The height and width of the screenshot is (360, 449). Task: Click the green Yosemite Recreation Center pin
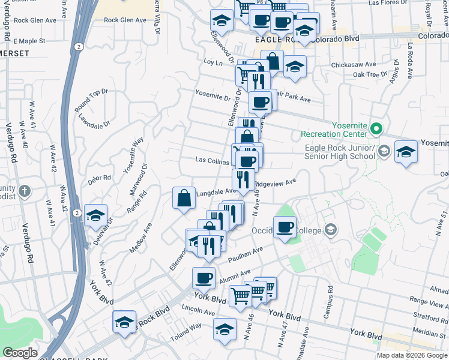[x=376, y=128]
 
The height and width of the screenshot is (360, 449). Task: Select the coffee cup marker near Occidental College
[x=285, y=227]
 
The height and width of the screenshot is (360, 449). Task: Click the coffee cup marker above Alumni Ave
[x=203, y=278]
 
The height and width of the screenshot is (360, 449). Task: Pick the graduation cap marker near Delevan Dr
[x=95, y=215]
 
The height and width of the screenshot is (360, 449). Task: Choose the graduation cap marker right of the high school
[x=406, y=151]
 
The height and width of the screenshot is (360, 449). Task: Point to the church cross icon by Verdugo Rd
[x=24, y=191]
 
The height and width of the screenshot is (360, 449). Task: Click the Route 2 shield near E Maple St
[x=77, y=46]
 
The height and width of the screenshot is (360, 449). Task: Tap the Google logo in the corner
[x=20, y=353]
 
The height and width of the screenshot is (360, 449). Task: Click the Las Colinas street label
[x=212, y=160]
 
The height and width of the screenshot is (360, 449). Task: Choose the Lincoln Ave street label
[x=198, y=313]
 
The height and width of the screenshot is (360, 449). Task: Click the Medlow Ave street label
[x=141, y=237]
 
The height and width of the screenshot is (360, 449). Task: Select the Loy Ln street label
[x=209, y=62]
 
